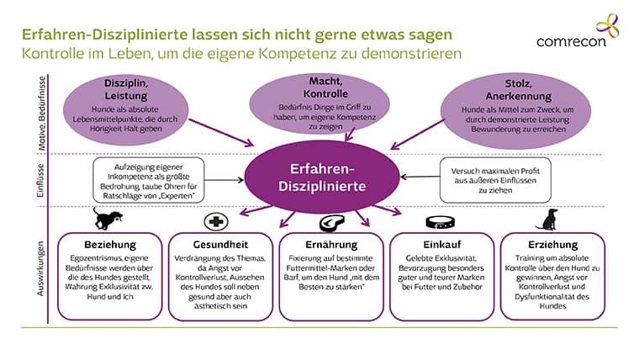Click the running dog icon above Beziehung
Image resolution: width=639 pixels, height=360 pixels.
coord(108,221)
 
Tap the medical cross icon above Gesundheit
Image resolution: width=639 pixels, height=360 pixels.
coord(217,221)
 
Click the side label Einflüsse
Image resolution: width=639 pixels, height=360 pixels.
coord(41,178)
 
